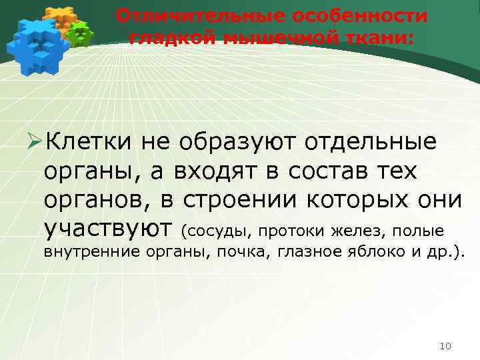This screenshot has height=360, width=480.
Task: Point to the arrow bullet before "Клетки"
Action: point(33,142)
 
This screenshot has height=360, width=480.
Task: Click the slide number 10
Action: point(446,345)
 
